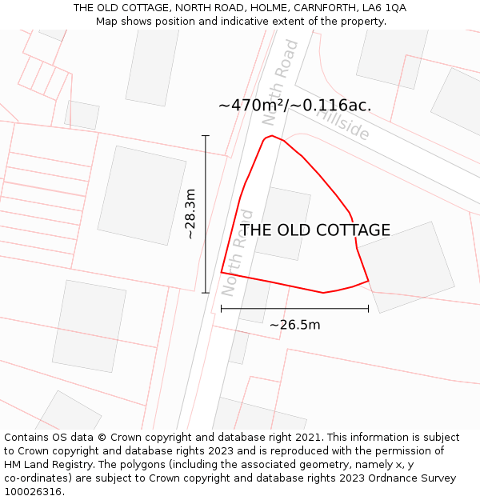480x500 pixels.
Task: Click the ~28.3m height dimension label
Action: [x=190, y=214]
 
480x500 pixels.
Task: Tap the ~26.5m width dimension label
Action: [x=294, y=325]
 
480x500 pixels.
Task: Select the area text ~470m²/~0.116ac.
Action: [x=294, y=106]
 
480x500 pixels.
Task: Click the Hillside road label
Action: [x=344, y=122]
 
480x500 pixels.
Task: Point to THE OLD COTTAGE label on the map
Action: [x=315, y=230]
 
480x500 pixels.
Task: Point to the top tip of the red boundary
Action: [x=273, y=136]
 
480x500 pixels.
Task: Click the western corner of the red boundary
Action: [x=222, y=273]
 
